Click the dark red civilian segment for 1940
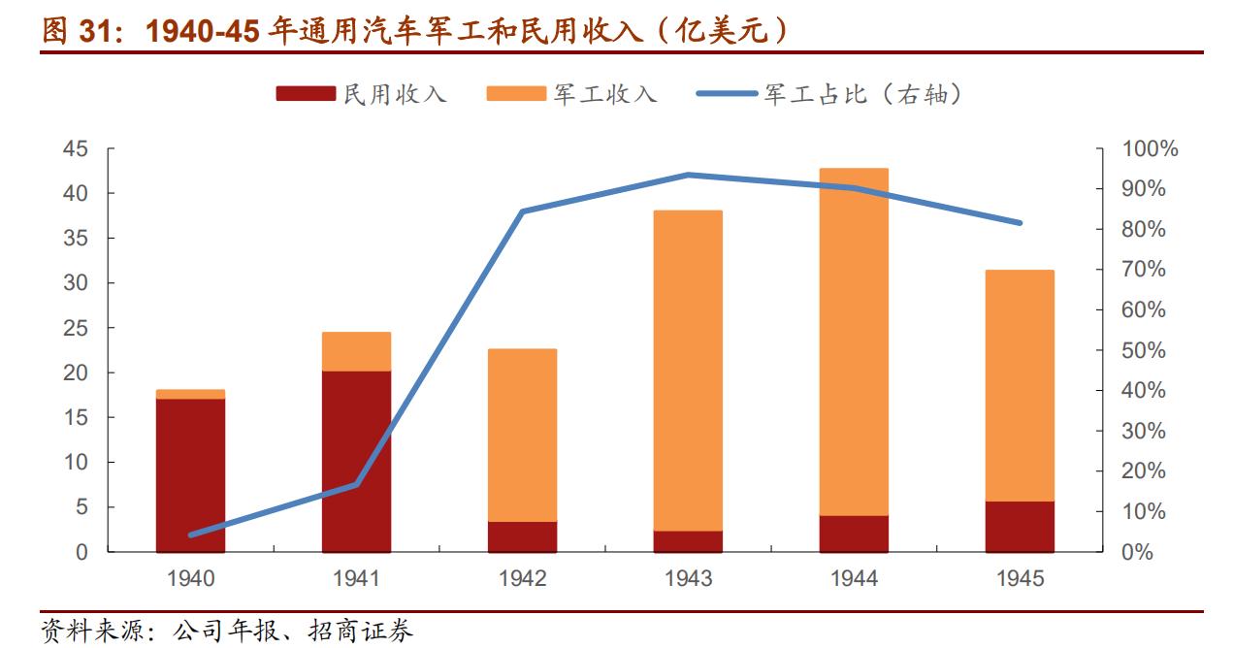(x=190, y=474)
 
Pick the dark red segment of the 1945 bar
(x=1020, y=527)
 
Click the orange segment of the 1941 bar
(x=356, y=351)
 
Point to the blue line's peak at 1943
(x=688, y=175)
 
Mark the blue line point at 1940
(x=190, y=535)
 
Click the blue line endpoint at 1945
(x=1020, y=223)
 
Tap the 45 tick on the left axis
(x=75, y=149)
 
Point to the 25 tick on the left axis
(x=75, y=329)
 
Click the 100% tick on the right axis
(x=1150, y=149)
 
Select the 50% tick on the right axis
(x=1144, y=350)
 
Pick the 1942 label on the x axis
(x=522, y=579)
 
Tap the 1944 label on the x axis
(x=854, y=579)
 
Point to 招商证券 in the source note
(x=376, y=632)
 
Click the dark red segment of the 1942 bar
(x=522, y=536)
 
